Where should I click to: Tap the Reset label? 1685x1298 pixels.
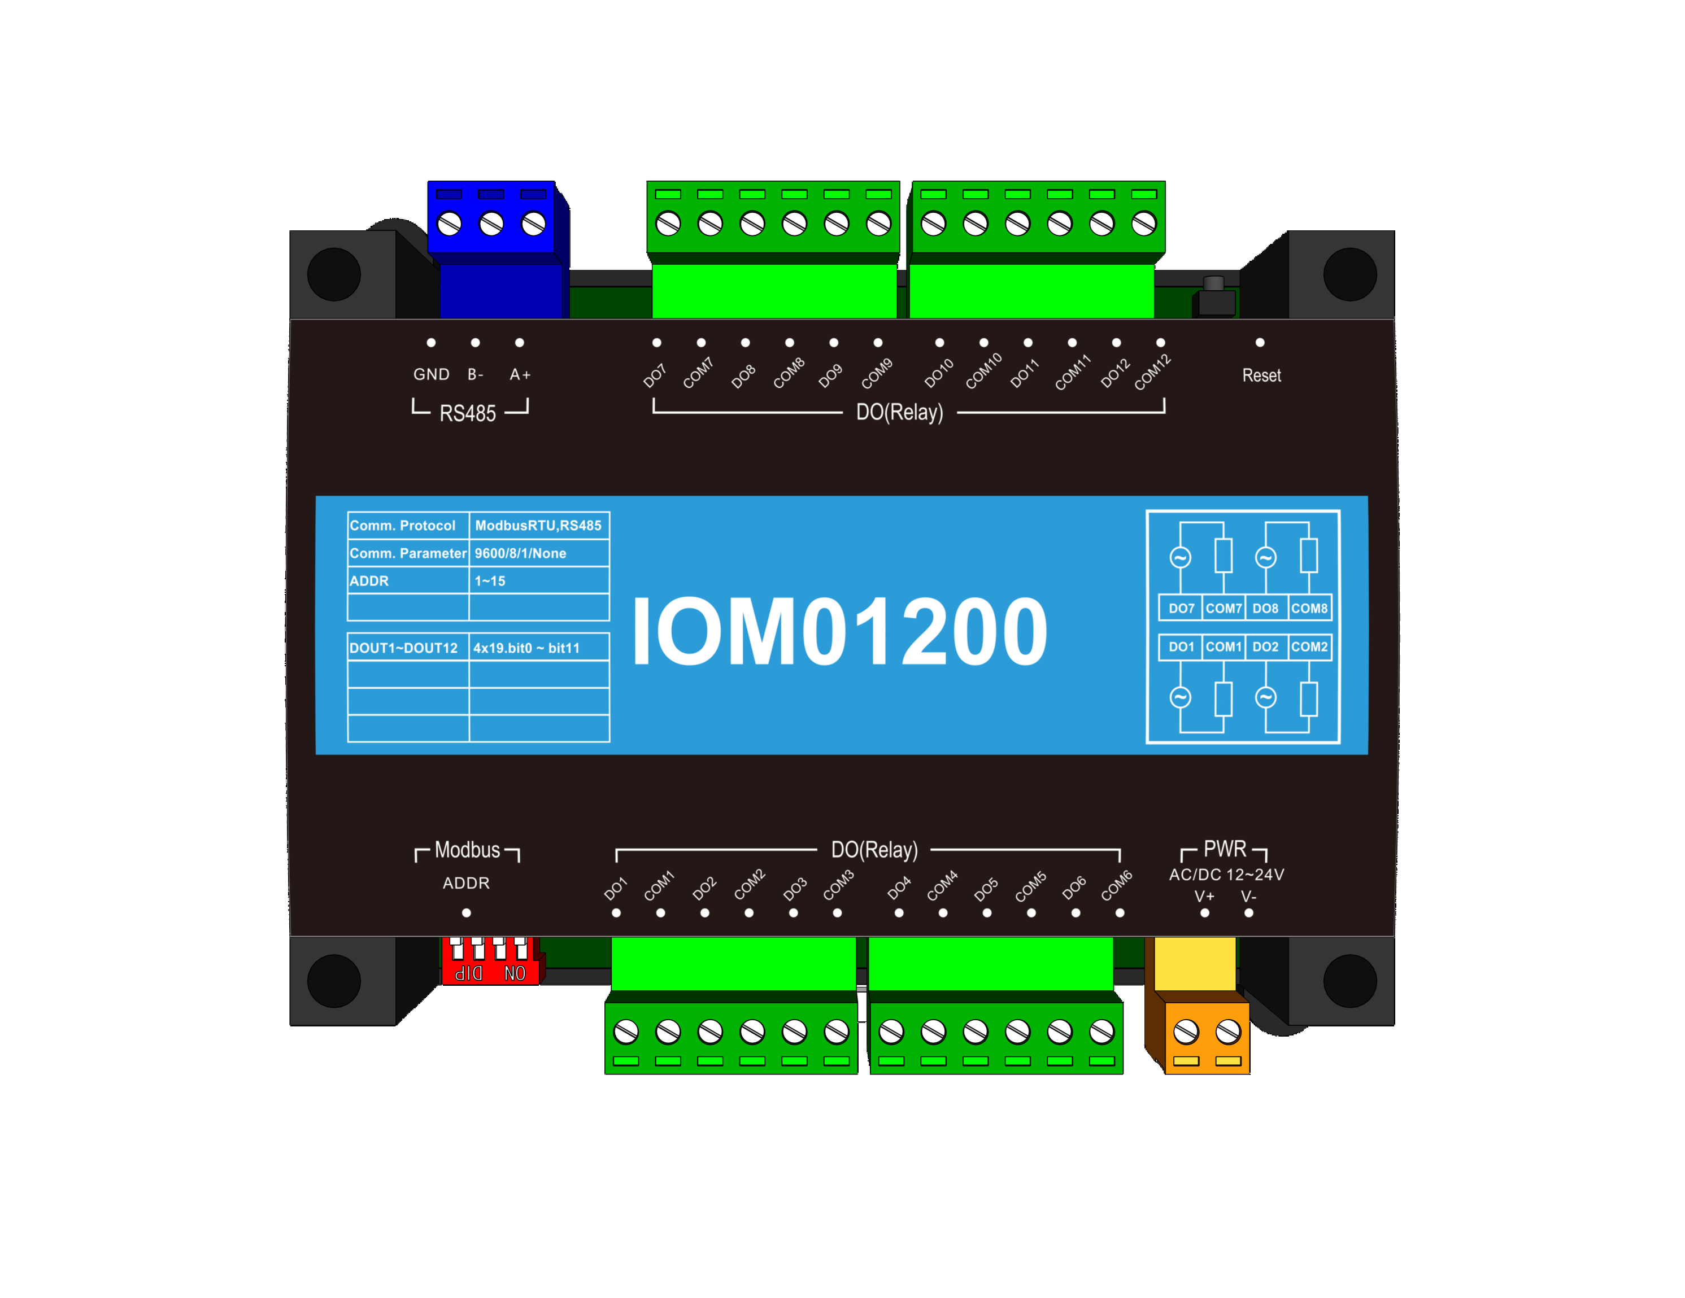pos(1261,375)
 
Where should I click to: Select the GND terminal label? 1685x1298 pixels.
pos(432,375)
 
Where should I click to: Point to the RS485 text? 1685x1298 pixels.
pos(468,413)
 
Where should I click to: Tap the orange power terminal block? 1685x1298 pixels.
pos(1206,1037)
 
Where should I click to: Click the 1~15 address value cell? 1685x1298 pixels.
pos(491,581)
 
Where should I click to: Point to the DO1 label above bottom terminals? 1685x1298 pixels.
pos(616,889)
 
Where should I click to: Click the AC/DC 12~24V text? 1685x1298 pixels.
pos(1226,875)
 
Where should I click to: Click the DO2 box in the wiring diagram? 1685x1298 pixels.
pos(1265,647)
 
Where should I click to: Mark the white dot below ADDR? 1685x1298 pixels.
pos(466,913)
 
